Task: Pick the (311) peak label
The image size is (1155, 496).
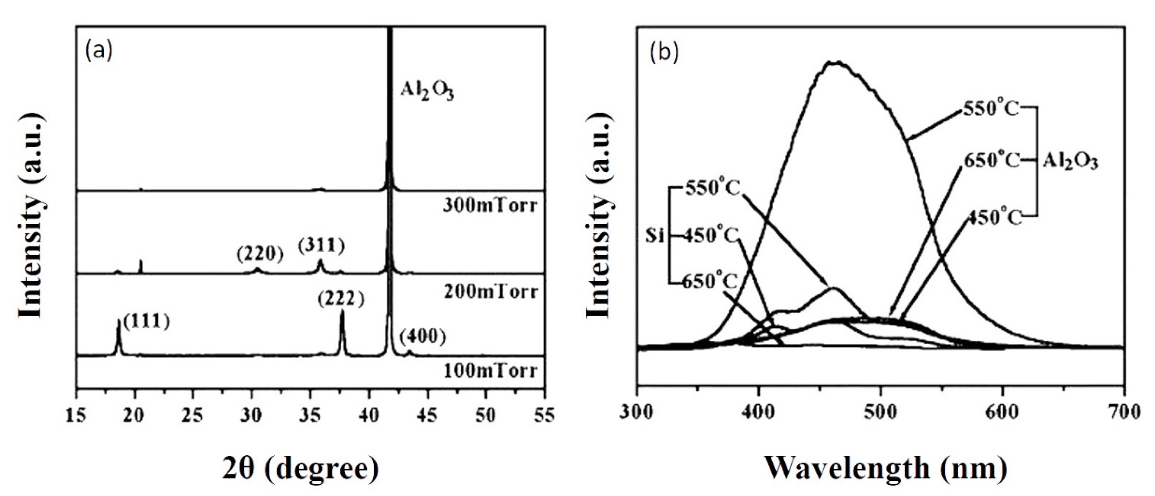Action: coord(321,246)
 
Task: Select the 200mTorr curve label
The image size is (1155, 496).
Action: coord(490,292)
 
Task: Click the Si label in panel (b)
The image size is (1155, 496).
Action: coord(655,235)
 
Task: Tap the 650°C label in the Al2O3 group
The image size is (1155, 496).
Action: coord(990,160)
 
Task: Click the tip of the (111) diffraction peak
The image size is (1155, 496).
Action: coord(119,320)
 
